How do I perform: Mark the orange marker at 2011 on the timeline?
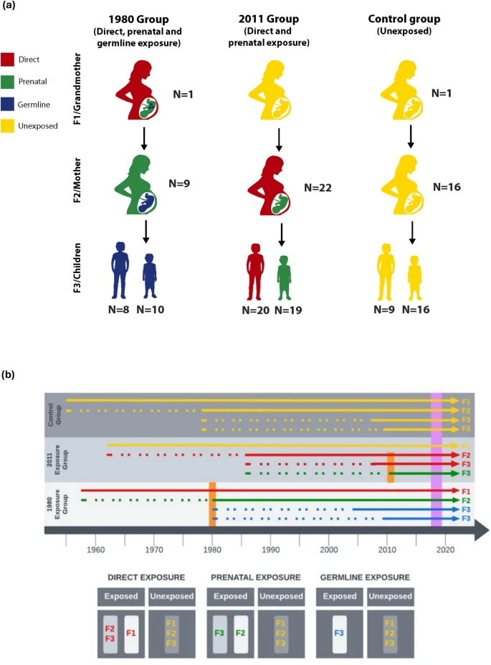pos(391,467)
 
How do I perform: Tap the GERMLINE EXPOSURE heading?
pos(364,576)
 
